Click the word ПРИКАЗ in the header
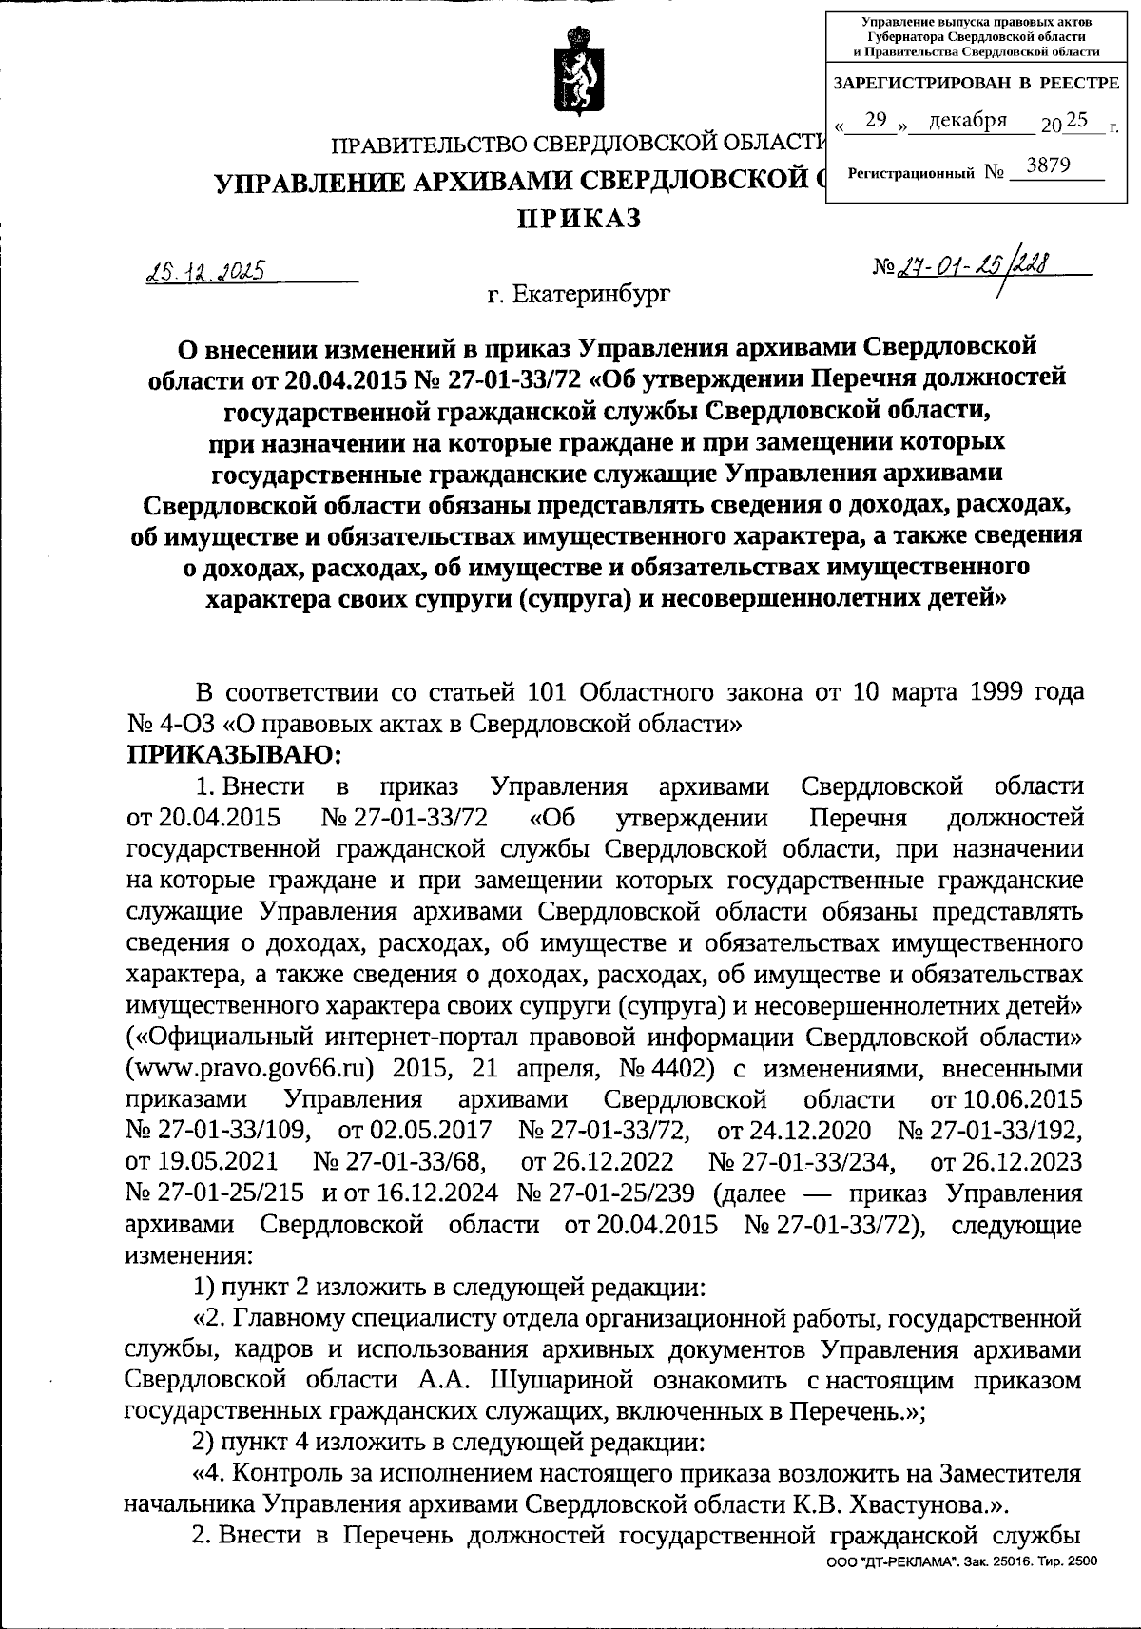click(579, 220)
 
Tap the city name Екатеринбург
click(578, 295)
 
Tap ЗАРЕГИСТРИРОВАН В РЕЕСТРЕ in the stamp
click(976, 84)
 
